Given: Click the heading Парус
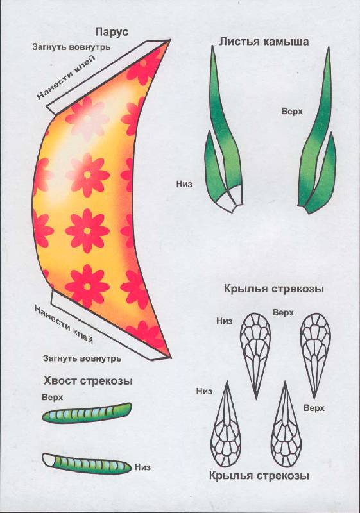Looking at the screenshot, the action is tap(112, 33).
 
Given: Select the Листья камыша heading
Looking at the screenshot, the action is tap(264, 42).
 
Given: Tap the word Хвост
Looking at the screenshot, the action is tap(60, 381).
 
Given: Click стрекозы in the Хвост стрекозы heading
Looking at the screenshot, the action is tap(107, 382).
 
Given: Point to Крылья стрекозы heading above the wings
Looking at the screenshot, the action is tap(274, 289).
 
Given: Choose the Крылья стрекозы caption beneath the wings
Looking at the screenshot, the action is tap(259, 475).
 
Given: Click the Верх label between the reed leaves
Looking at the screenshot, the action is tap(292, 111).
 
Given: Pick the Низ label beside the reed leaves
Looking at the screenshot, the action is tap(184, 184).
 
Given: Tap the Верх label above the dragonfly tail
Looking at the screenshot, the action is tap(53, 398).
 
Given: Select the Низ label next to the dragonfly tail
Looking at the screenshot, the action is tap(142, 467).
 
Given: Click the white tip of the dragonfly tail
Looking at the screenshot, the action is tap(48, 459).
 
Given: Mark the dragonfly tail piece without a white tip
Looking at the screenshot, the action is tap(87, 413).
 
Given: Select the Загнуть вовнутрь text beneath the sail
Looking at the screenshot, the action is tap(82, 358).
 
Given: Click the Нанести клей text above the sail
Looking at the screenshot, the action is tap(65, 77).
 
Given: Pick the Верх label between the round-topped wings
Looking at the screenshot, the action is tap(283, 313).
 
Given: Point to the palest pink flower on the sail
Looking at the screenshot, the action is tap(87, 118).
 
